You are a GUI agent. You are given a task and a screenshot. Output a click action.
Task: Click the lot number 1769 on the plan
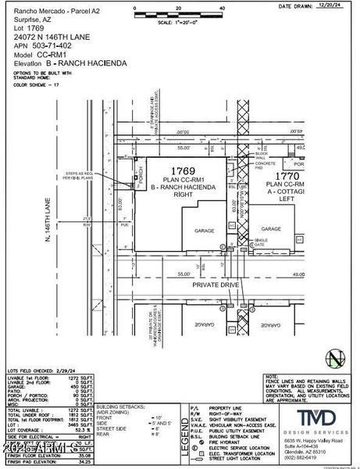pyautogui.click(x=183, y=170)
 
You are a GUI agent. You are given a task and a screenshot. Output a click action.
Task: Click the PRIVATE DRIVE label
pyautogui.click(x=216, y=286)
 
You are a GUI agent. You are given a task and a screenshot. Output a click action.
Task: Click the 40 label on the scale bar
pyautogui.click(x=223, y=8)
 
